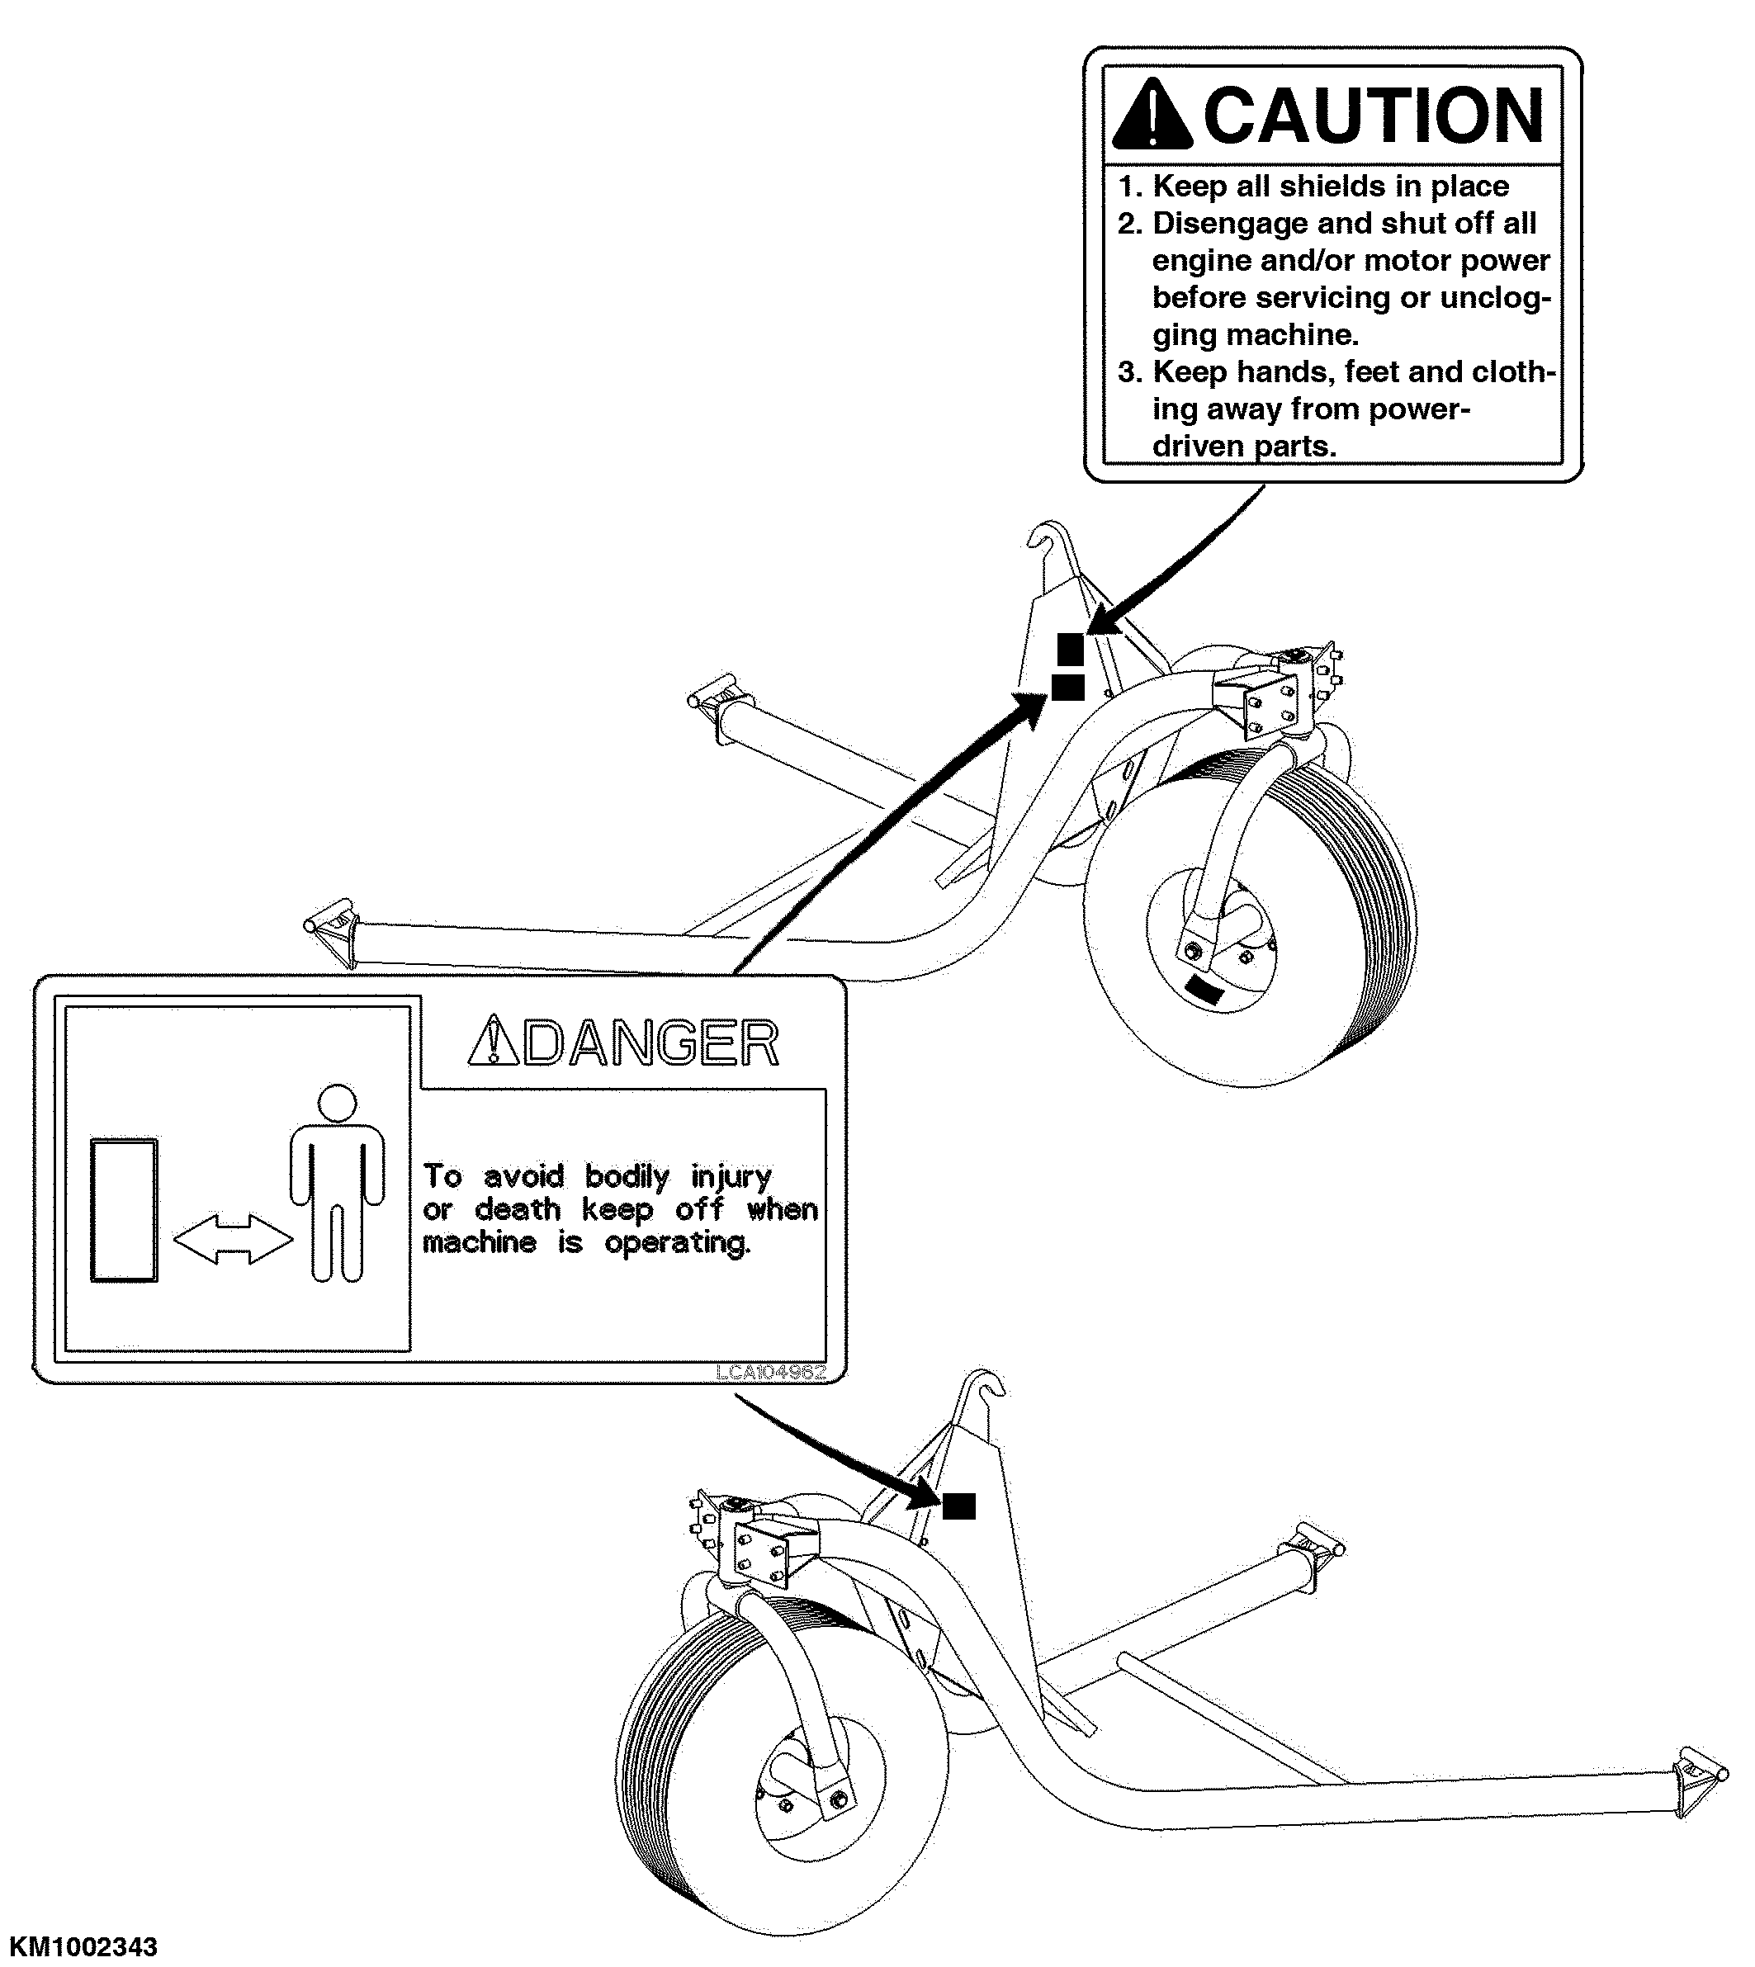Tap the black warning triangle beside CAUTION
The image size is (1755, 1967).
click(x=1152, y=116)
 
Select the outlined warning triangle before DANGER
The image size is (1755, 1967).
click(x=493, y=1043)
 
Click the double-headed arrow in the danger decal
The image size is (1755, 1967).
click(x=233, y=1239)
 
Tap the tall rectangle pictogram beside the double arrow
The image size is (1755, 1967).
click(x=124, y=1210)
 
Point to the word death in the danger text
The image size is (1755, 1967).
click(x=518, y=1209)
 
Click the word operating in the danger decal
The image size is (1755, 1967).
click(x=678, y=1243)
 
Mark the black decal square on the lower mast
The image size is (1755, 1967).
click(x=958, y=1505)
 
